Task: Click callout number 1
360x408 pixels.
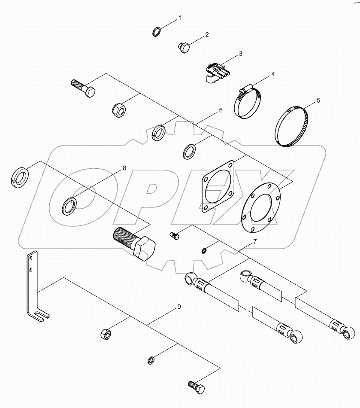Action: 180,18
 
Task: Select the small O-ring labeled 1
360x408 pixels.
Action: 157,31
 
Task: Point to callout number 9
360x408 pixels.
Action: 179,307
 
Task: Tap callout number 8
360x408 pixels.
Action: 124,168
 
